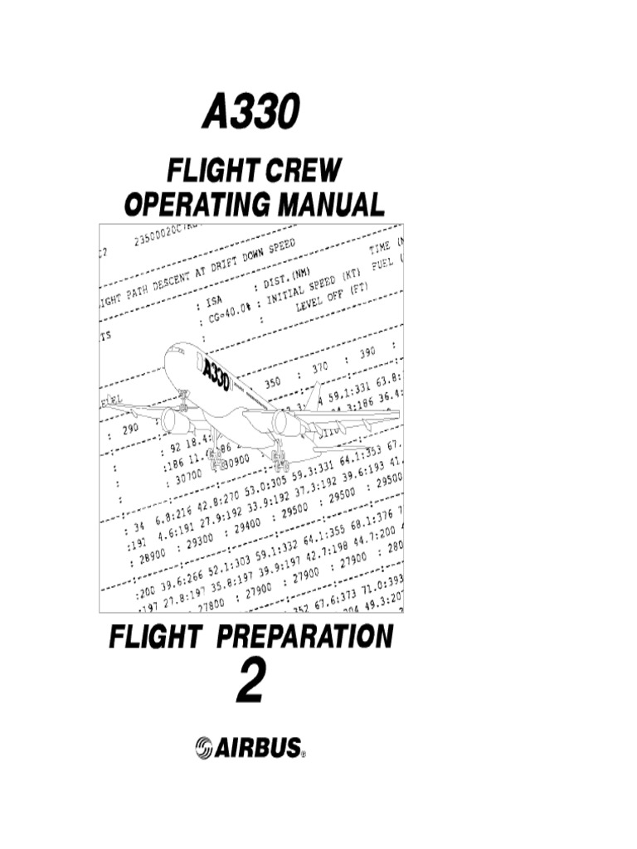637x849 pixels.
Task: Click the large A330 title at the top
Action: (x=249, y=112)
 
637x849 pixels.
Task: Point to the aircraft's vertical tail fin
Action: (x=313, y=398)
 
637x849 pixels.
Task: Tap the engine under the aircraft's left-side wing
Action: (x=177, y=420)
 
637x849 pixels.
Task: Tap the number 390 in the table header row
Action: (x=363, y=352)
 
